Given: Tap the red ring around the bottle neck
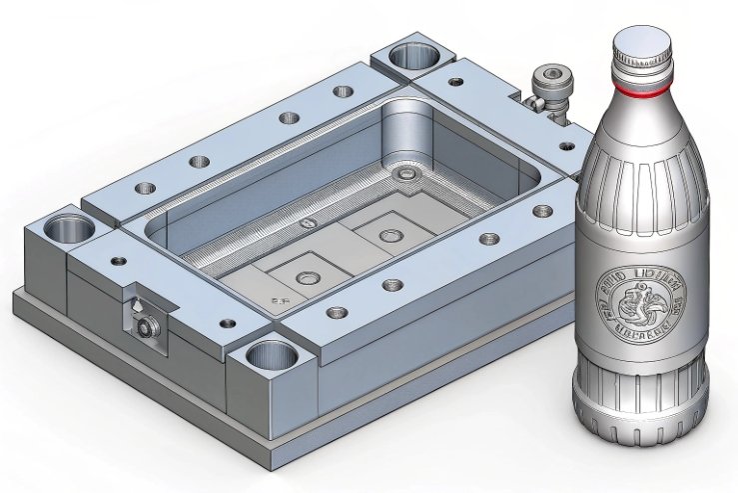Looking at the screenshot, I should point(644,89).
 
